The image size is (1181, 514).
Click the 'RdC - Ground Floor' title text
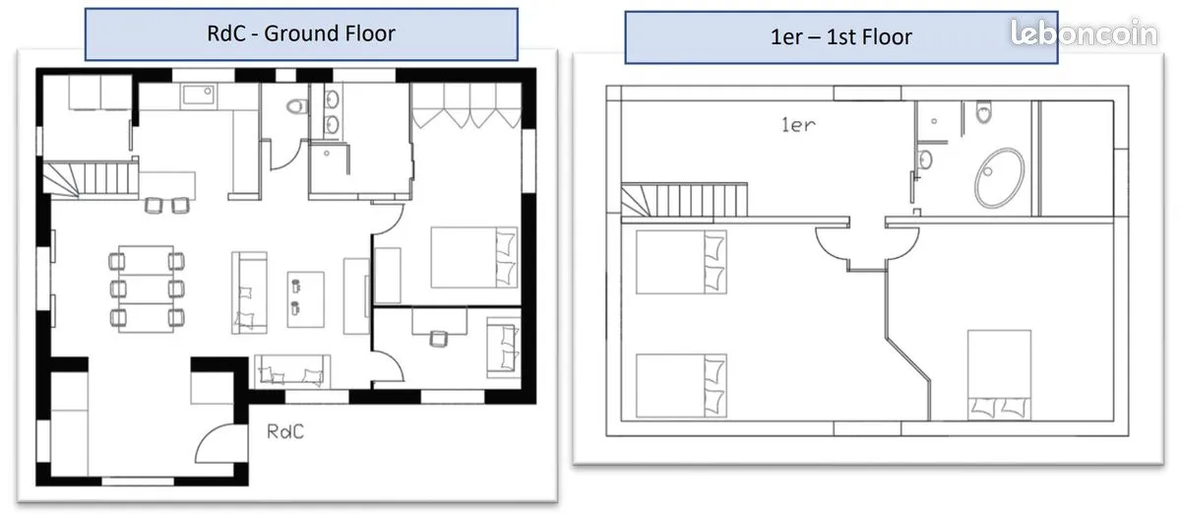[301, 33]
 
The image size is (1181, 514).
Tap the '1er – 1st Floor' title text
[840, 37]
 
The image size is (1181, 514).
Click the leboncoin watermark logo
[1084, 32]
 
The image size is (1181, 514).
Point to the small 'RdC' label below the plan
[285, 431]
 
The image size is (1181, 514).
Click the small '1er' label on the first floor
[798, 125]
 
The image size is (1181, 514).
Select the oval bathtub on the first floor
[999, 177]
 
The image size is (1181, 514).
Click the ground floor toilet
[297, 106]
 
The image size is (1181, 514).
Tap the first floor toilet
[984, 111]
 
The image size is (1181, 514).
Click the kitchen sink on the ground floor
[198, 96]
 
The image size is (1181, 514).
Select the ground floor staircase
[91, 178]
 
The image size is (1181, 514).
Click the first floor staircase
[684, 200]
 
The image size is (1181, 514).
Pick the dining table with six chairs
[147, 289]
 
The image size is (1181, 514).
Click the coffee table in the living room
[306, 299]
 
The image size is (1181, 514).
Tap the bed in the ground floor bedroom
[474, 258]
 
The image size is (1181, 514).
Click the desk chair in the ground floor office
[438, 339]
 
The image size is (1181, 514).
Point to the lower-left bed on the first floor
[681, 386]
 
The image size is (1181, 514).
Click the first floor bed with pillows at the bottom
[999, 375]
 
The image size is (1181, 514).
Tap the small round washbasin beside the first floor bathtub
[925, 160]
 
